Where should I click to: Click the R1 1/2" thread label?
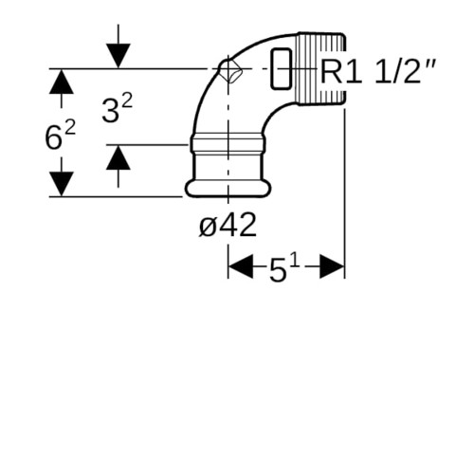[378, 71]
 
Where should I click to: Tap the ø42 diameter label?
[228, 226]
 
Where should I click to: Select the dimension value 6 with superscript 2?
[61, 137]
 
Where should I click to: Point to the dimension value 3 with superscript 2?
[117, 110]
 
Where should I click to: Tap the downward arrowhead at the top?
[118, 56]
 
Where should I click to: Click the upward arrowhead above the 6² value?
[62, 82]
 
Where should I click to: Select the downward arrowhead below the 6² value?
[62, 184]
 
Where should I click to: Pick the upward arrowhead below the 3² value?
[118, 157]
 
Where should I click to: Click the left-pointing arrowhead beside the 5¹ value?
[241, 266]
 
